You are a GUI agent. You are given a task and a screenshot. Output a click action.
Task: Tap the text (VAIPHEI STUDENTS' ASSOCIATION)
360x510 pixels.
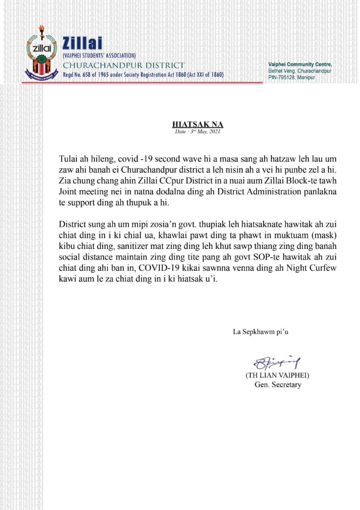99,55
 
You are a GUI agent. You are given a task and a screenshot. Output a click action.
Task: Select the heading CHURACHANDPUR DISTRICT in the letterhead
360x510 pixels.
123,65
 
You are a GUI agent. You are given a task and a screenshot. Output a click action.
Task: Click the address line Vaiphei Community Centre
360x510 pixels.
300,64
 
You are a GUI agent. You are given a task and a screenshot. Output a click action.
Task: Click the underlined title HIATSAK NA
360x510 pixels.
197,124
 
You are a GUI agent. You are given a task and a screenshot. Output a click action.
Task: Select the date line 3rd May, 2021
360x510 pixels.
197,132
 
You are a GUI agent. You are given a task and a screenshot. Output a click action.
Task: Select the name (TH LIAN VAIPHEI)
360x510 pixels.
277,375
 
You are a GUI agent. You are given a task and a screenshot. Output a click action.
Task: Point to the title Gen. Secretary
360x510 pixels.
278,385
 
